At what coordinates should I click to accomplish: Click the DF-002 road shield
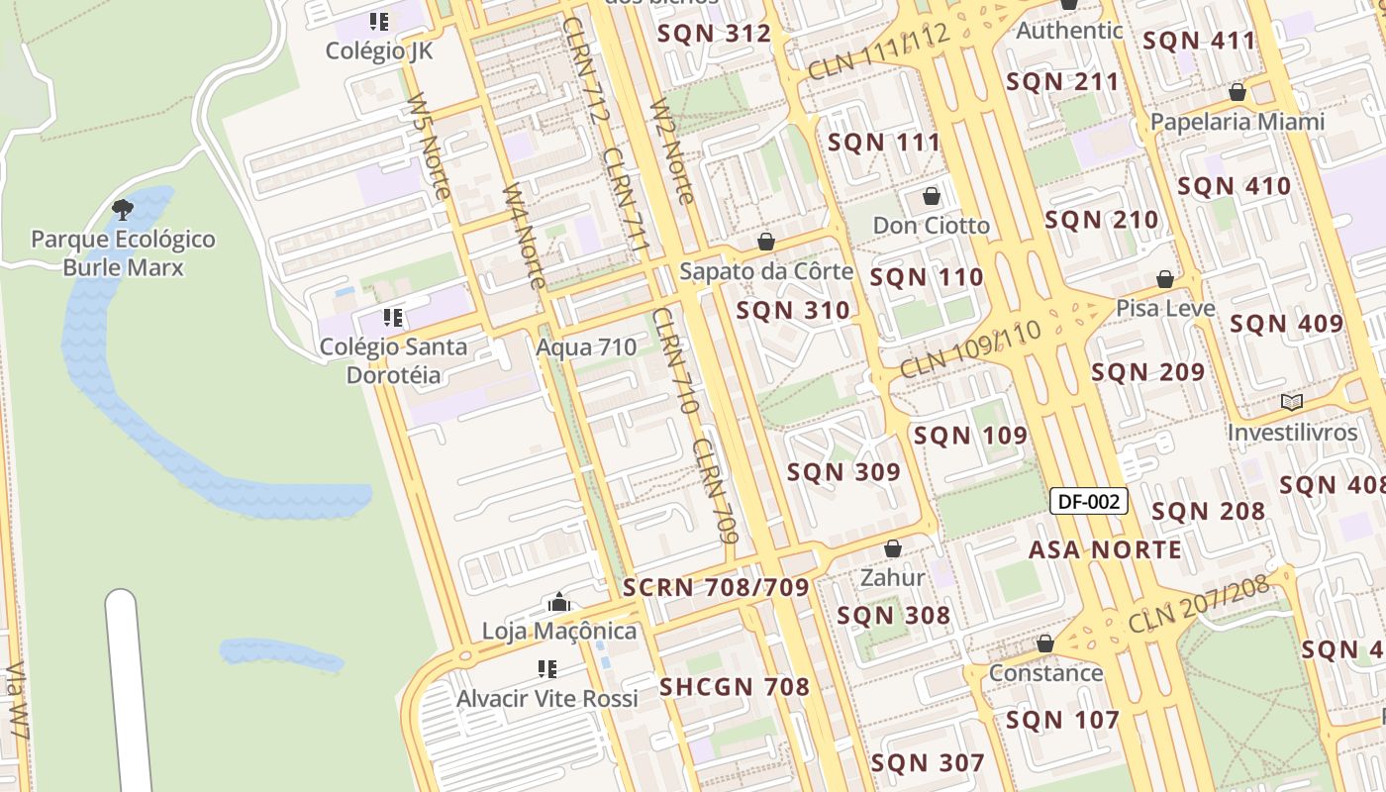(1088, 501)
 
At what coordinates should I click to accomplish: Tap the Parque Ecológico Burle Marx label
(123, 253)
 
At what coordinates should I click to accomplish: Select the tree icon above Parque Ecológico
(123, 209)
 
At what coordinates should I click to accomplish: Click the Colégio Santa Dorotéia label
(393, 361)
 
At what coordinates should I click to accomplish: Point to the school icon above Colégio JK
(378, 21)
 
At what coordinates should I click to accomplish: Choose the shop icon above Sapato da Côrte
(765, 241)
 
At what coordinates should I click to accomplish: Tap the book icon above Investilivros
(1291, 402)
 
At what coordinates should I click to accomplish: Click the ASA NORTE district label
(1105, 549)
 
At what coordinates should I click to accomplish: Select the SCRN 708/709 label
(716, 587)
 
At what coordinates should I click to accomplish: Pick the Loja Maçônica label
(559, 631)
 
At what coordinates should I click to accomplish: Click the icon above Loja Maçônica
(559, 601)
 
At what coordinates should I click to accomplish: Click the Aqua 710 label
(586, 347)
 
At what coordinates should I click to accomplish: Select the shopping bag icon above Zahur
(893, 547)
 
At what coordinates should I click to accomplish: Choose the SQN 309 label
(843, 472)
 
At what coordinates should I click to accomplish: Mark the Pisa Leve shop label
(1165, 308)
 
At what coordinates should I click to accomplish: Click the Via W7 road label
(18, 703)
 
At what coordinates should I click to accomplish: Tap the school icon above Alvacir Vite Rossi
(546, 669)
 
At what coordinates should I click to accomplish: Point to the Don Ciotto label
(931, 226)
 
